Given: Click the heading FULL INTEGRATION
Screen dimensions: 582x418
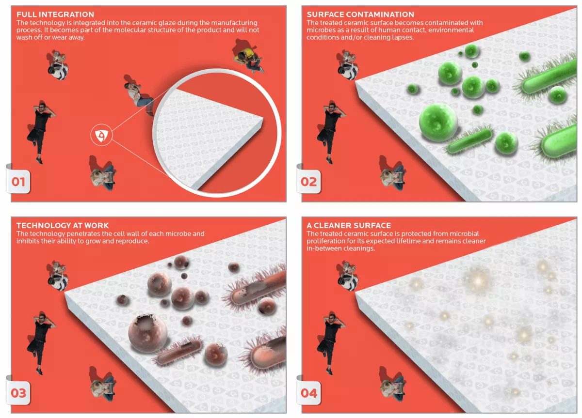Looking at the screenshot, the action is (55, 14).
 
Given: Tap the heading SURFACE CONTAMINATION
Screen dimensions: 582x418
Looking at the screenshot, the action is (360, 14).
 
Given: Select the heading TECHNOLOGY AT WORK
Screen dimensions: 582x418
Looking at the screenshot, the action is (63, 225).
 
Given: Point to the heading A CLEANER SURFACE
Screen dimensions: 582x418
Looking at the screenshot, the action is (349, 225).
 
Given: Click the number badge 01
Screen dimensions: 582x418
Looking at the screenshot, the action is (18, 182).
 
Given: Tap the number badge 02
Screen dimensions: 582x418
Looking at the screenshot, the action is (308, 182).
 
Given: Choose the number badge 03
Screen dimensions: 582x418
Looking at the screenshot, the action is (18, 393).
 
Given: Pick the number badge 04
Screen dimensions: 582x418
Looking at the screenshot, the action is (308, 393).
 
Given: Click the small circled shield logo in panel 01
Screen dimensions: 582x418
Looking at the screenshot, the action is (101, 135).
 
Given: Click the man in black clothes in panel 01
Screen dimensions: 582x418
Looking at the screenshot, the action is (41, 131).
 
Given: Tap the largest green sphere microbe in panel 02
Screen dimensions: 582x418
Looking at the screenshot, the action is (438, 122).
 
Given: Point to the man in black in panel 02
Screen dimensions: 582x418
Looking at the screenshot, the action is (331, 131).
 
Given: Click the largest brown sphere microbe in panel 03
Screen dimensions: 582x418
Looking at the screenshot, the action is (147, 333).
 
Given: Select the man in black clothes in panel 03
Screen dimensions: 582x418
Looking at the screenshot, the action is (41, 342).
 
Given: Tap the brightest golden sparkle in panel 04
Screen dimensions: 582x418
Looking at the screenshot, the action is (478, 281).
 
